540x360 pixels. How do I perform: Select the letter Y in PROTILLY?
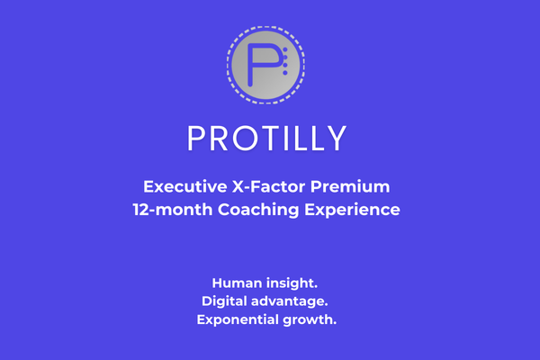coord(335,139)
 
